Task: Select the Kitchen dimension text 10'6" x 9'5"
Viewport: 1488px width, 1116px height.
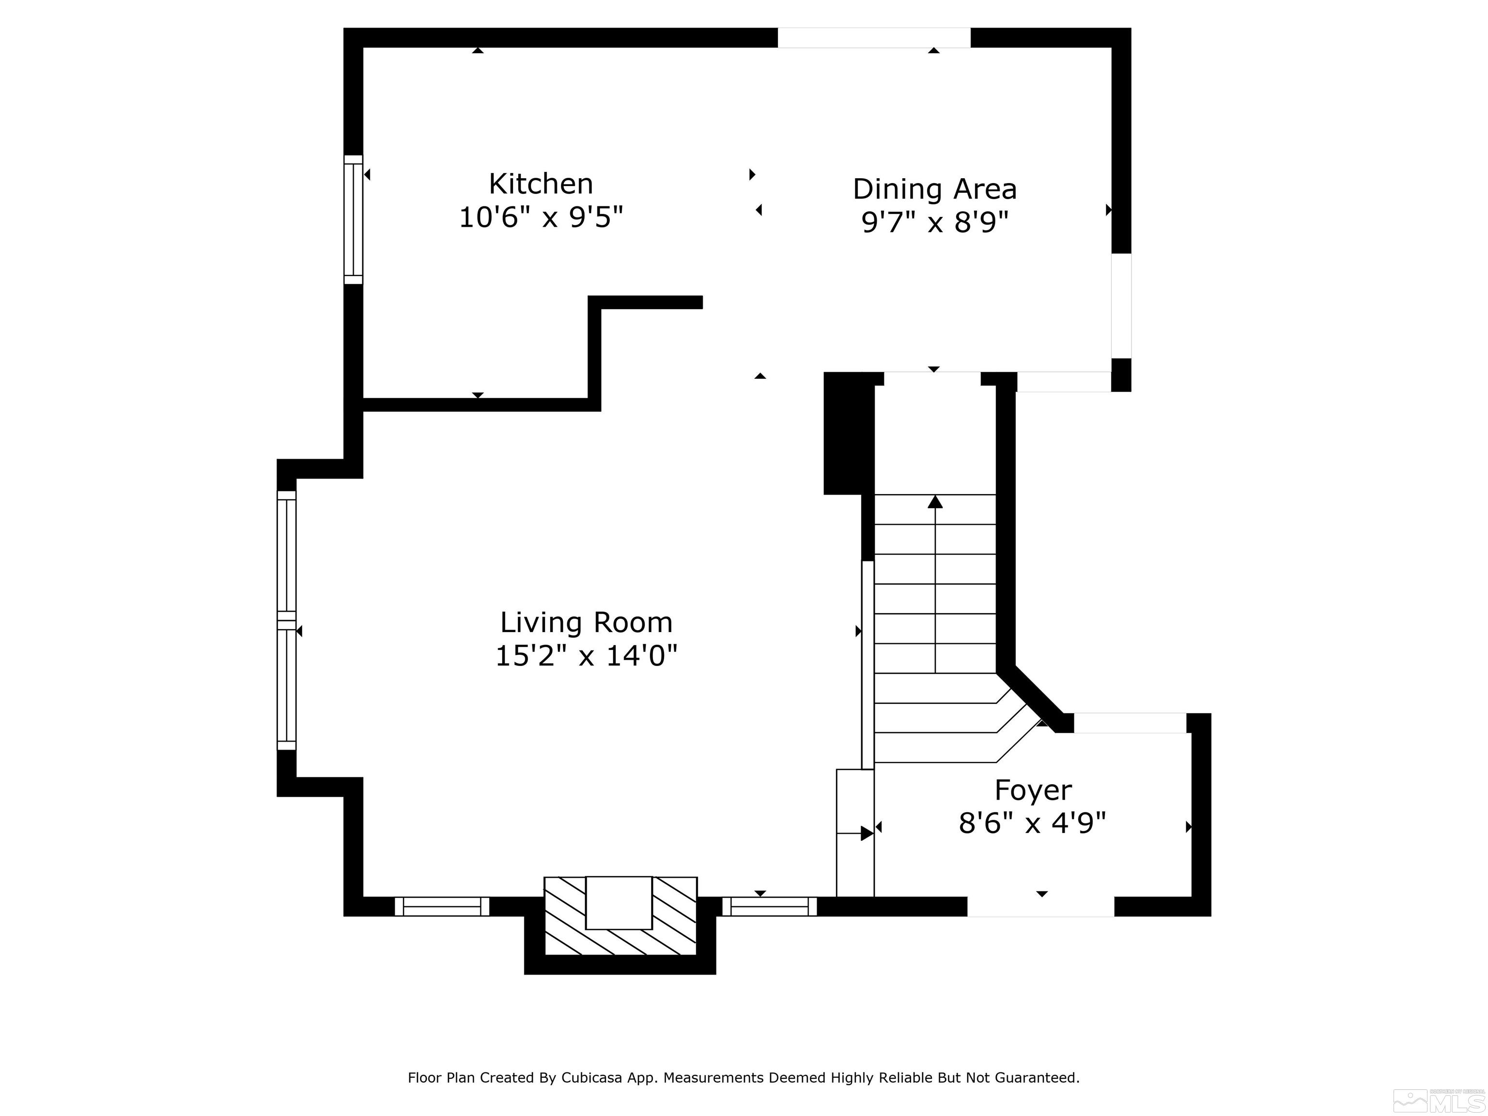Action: (541, 217)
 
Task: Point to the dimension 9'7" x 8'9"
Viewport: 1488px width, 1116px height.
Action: (935, 221)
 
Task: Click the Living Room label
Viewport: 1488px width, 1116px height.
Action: (586, 622)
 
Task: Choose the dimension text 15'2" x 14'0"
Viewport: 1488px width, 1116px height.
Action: (586, 655)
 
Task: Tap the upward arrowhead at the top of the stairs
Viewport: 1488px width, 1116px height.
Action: (935, 502)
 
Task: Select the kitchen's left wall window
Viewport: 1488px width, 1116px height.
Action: (353, 219)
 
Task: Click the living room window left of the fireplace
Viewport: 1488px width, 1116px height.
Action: (442, 906)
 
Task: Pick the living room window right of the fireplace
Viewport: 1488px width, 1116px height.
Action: (770, 906)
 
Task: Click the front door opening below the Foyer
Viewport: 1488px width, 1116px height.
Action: (1040, 906)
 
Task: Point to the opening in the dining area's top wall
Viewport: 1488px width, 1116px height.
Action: (873, 38)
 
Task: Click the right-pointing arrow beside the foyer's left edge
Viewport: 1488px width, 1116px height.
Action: (867, 834)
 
